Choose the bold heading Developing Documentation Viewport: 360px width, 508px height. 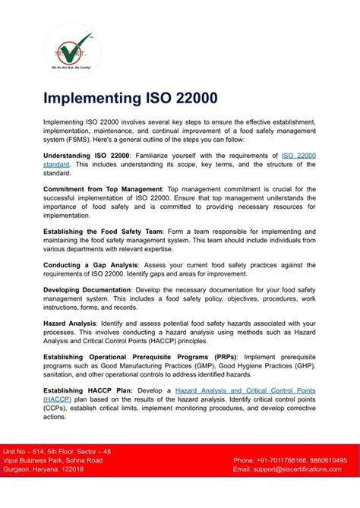pyautogui.click(x=87, y=290)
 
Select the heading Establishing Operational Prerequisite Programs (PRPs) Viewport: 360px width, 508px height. pyautogui.click(x=141, y=357)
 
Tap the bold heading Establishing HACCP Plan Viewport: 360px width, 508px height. pyautogui.click(x=87, y=390)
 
